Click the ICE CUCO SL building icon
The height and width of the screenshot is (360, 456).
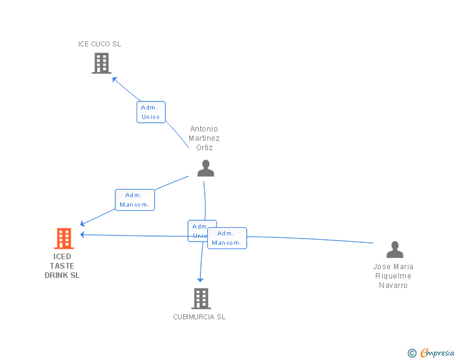click(101, 63)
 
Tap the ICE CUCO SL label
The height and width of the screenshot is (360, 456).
click(100, 44)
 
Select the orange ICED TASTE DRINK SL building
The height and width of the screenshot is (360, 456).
click(63, 239)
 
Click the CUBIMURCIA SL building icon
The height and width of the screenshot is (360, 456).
click(200, 299)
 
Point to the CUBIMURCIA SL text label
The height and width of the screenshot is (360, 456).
click(199, 317)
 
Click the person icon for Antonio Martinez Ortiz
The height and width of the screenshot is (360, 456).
click(205, 168)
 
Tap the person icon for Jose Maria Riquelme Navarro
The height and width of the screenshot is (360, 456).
click(395, 250)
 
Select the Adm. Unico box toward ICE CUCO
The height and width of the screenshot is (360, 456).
click(151, 112)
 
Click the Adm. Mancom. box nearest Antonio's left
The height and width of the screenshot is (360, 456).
click(135, 200)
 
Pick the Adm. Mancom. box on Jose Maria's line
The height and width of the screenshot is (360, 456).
click(227, 238)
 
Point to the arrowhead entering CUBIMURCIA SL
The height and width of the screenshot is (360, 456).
click(200, 279)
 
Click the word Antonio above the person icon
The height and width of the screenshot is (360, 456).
click(204, 129)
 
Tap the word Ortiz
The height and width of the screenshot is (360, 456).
click(205, 148)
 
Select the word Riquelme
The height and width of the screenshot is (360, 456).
click(393, 276)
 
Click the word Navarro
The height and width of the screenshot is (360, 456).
click(393, 285)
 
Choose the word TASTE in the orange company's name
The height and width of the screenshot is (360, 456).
click(62, 266)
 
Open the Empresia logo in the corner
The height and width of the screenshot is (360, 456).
click(437, 353)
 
